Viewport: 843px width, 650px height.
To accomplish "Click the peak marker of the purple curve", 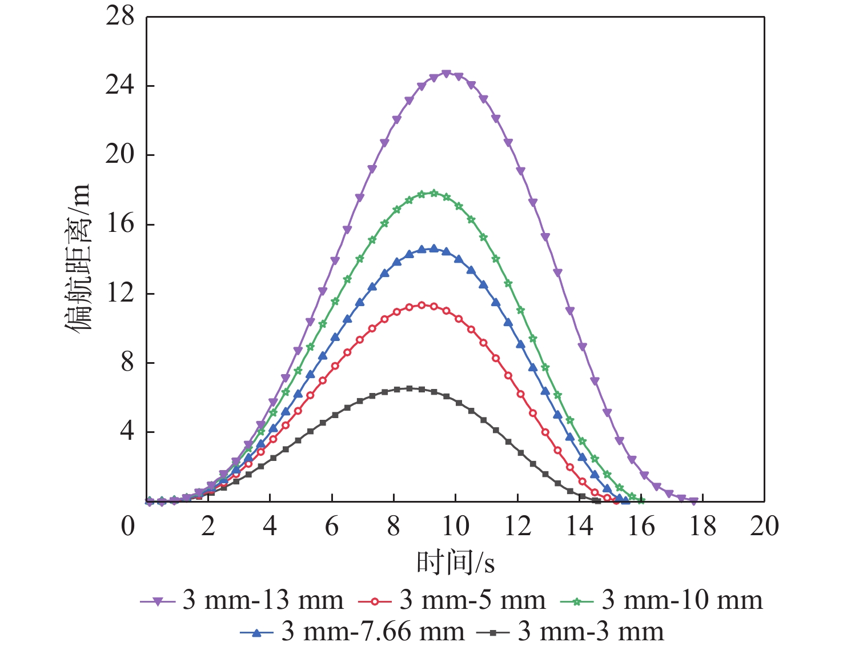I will tap(446, 74).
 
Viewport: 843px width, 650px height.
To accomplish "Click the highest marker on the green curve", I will tap(433, 193).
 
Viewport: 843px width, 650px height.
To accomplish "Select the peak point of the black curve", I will tap(409, 388).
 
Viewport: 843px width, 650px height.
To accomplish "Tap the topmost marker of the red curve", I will tap(421, 305).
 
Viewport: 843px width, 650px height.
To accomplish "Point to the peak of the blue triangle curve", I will tap(433, 248).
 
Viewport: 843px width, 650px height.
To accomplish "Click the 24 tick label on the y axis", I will tap(120, 86).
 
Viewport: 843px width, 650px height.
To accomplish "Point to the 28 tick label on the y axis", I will tap(120, 17).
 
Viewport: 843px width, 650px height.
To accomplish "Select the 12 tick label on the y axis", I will tap(120, 294).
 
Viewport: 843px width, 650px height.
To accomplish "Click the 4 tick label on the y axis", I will tap(127, 432).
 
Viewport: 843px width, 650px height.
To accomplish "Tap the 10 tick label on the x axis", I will tap(455, 526).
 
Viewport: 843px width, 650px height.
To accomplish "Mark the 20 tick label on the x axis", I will tap(764, 526).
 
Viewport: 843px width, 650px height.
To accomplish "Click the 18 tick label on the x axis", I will tap(702, 526).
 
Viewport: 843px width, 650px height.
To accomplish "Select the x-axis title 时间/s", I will tap(455, 563).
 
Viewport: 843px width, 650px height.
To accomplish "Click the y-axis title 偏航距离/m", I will tap(77, 258).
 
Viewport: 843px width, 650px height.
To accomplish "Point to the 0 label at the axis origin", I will tap(128, 526).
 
